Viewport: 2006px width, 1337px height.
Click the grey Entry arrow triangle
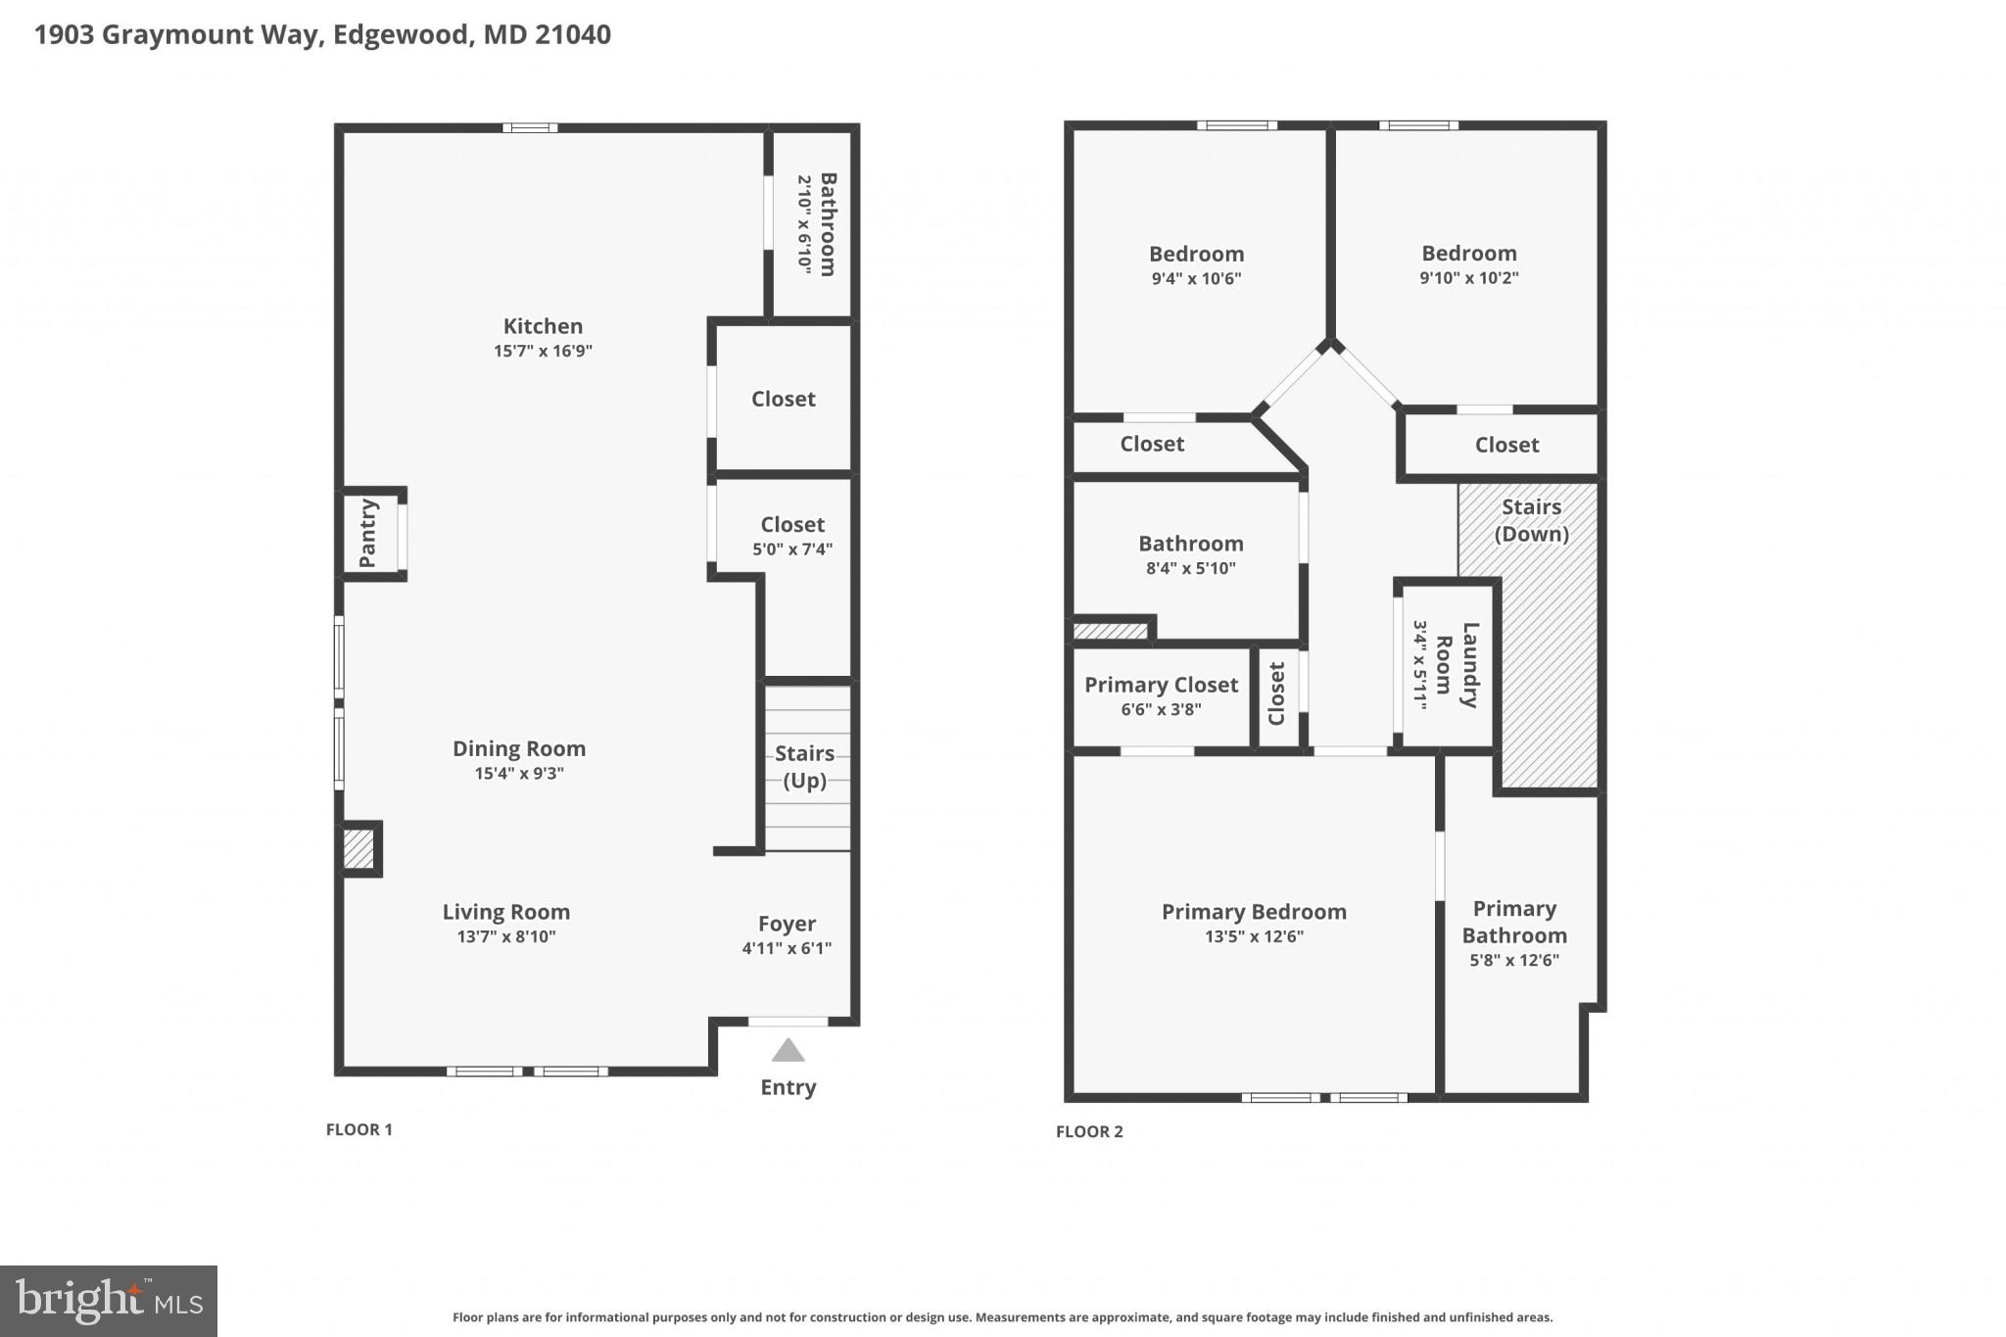click(788, 1052)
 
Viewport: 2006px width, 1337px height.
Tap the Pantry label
click(368, 534)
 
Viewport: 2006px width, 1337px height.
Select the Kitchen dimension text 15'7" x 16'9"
click(543, 351)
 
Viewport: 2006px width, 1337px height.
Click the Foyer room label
click(787, 924)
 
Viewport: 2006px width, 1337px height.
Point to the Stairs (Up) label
click(804, 766)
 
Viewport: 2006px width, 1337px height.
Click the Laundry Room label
click(1457, 664)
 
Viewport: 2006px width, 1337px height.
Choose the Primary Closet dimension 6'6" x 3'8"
click(1161, 709)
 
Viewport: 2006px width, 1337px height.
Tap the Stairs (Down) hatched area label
click(1531, 520)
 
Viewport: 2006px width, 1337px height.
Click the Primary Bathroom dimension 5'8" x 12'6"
click(1513, 960)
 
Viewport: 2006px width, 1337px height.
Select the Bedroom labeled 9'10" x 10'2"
click(1468, 254)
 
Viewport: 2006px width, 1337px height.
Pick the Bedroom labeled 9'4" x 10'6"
click(1196, 255)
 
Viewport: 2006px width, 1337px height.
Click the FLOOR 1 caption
click(358, 1129)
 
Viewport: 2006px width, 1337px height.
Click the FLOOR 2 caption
click(1089, 1131)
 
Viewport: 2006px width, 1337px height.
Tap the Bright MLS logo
click(109, 1301)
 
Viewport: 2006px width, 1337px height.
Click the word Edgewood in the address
click(401, 34)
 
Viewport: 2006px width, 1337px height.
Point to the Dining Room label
click(519, 748)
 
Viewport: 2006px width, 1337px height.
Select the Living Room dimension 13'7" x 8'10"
click(506, 936)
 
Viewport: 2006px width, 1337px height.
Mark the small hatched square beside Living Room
click(358, 849)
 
